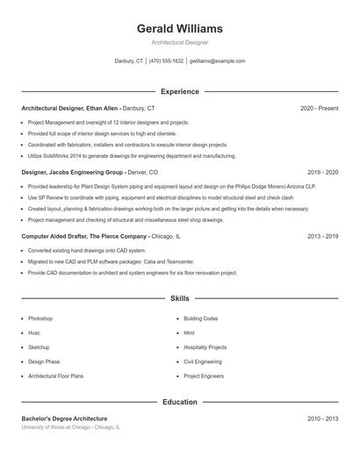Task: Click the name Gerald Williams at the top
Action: click(x=179, y=29)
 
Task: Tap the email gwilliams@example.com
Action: click(x=218, y=61)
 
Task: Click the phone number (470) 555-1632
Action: click(x=166, y=61)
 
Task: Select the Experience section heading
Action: click(x=179, y=91)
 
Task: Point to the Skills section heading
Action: click(x=179, y=299)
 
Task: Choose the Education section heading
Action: click(x=179, y=403)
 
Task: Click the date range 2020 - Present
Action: click(x=319, y=108)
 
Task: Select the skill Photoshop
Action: click(x=40, y=318)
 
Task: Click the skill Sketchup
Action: click(x=40, y=347)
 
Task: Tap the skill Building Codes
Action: click(x=200, y=318)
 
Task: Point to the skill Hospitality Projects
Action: click(x=205, y=347)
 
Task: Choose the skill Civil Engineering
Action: click(x=202, y=361)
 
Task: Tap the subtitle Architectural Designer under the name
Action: click(x=179, y=42)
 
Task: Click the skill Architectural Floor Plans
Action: click(x=56, y=376)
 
